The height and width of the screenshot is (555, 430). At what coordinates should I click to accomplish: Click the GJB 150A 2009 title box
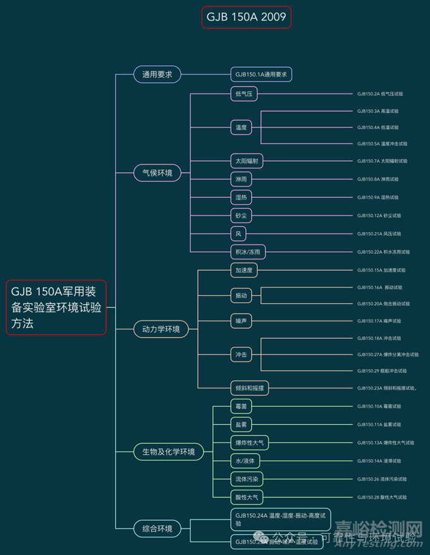pyautogui.click(x=247, y=17)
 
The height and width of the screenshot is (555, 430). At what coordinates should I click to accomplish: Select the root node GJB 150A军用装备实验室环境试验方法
pyautogui.click(x=56, y=307)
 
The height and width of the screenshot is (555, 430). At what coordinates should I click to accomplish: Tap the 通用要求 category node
pyautogui.click(x=157, y=74)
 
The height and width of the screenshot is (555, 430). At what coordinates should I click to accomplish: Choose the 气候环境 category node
pyautogui.click(x=157, y=172)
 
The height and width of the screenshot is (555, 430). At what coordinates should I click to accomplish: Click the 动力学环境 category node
pyautogui.click(x=161, y=329)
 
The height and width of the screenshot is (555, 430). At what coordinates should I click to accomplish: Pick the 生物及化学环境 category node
pyautogui.click(x=168, y=451)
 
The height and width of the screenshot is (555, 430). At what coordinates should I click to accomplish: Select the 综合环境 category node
pyautogui.click(x=157, y=528)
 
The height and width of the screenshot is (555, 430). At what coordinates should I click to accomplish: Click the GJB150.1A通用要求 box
pyautogui.click(x=261, y=74)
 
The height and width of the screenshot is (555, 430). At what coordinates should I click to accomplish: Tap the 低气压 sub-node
pyautogui.click(x=243, y=94)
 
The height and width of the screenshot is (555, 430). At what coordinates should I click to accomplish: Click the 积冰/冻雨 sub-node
pyautogui.click(x=247, y=252)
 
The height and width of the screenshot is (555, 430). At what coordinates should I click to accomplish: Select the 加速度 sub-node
pyautogui.click(x=243, y=270)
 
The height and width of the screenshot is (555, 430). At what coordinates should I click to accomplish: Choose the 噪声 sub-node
pyautogui.click(x=241, y=321)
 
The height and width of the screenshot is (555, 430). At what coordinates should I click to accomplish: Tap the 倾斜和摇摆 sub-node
pyautogui.click(x=249, y=388)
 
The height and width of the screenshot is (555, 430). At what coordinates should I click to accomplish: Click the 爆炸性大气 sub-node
pyautogui.click(x=249, y=442)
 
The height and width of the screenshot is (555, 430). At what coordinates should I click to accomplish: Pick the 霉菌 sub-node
pyautogui.click(x=241, y=406)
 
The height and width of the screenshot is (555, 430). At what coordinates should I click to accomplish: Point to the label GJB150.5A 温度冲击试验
pyautogui.click(x=382, y=144)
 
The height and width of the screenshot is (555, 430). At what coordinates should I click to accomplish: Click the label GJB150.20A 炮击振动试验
pyautogui.click(x=383, y=303)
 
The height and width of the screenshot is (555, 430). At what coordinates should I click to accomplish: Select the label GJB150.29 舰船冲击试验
pyautogui.click(x=382, y=370)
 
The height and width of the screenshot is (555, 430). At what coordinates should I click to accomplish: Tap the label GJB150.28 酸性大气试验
pyautogui.click(x=382, y=497)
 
